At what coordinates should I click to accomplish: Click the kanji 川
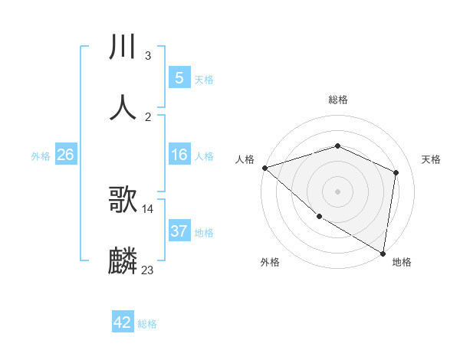(123, 47)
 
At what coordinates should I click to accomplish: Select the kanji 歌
(123, 201)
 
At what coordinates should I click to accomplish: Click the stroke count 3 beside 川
(148, 56)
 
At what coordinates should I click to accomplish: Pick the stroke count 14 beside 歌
(148, 209)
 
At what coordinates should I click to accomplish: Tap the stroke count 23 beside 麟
(148, 270)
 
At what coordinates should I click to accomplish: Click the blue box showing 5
(179, 78)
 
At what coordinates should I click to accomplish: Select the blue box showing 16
(179, 155)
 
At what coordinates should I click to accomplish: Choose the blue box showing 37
(179, 231)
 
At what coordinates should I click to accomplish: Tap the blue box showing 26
(65, 155)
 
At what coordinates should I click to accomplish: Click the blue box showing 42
(123, 322)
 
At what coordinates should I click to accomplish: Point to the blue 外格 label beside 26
(41, 156)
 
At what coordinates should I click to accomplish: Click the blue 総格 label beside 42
(147, 324)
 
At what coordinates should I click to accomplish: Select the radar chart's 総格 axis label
(337, 100)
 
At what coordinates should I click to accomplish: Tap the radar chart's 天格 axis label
(431, 159)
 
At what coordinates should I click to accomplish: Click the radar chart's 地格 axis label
(402, 263)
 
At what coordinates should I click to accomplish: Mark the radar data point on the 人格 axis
(264, 168)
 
